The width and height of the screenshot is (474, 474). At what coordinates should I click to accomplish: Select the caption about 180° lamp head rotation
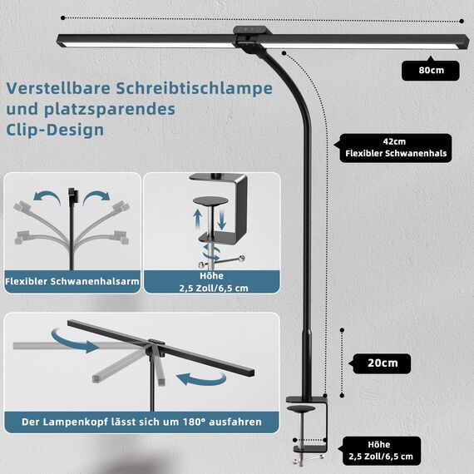tap(141, 422)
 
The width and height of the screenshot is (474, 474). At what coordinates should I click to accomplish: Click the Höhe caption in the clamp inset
tap(211, 282)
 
